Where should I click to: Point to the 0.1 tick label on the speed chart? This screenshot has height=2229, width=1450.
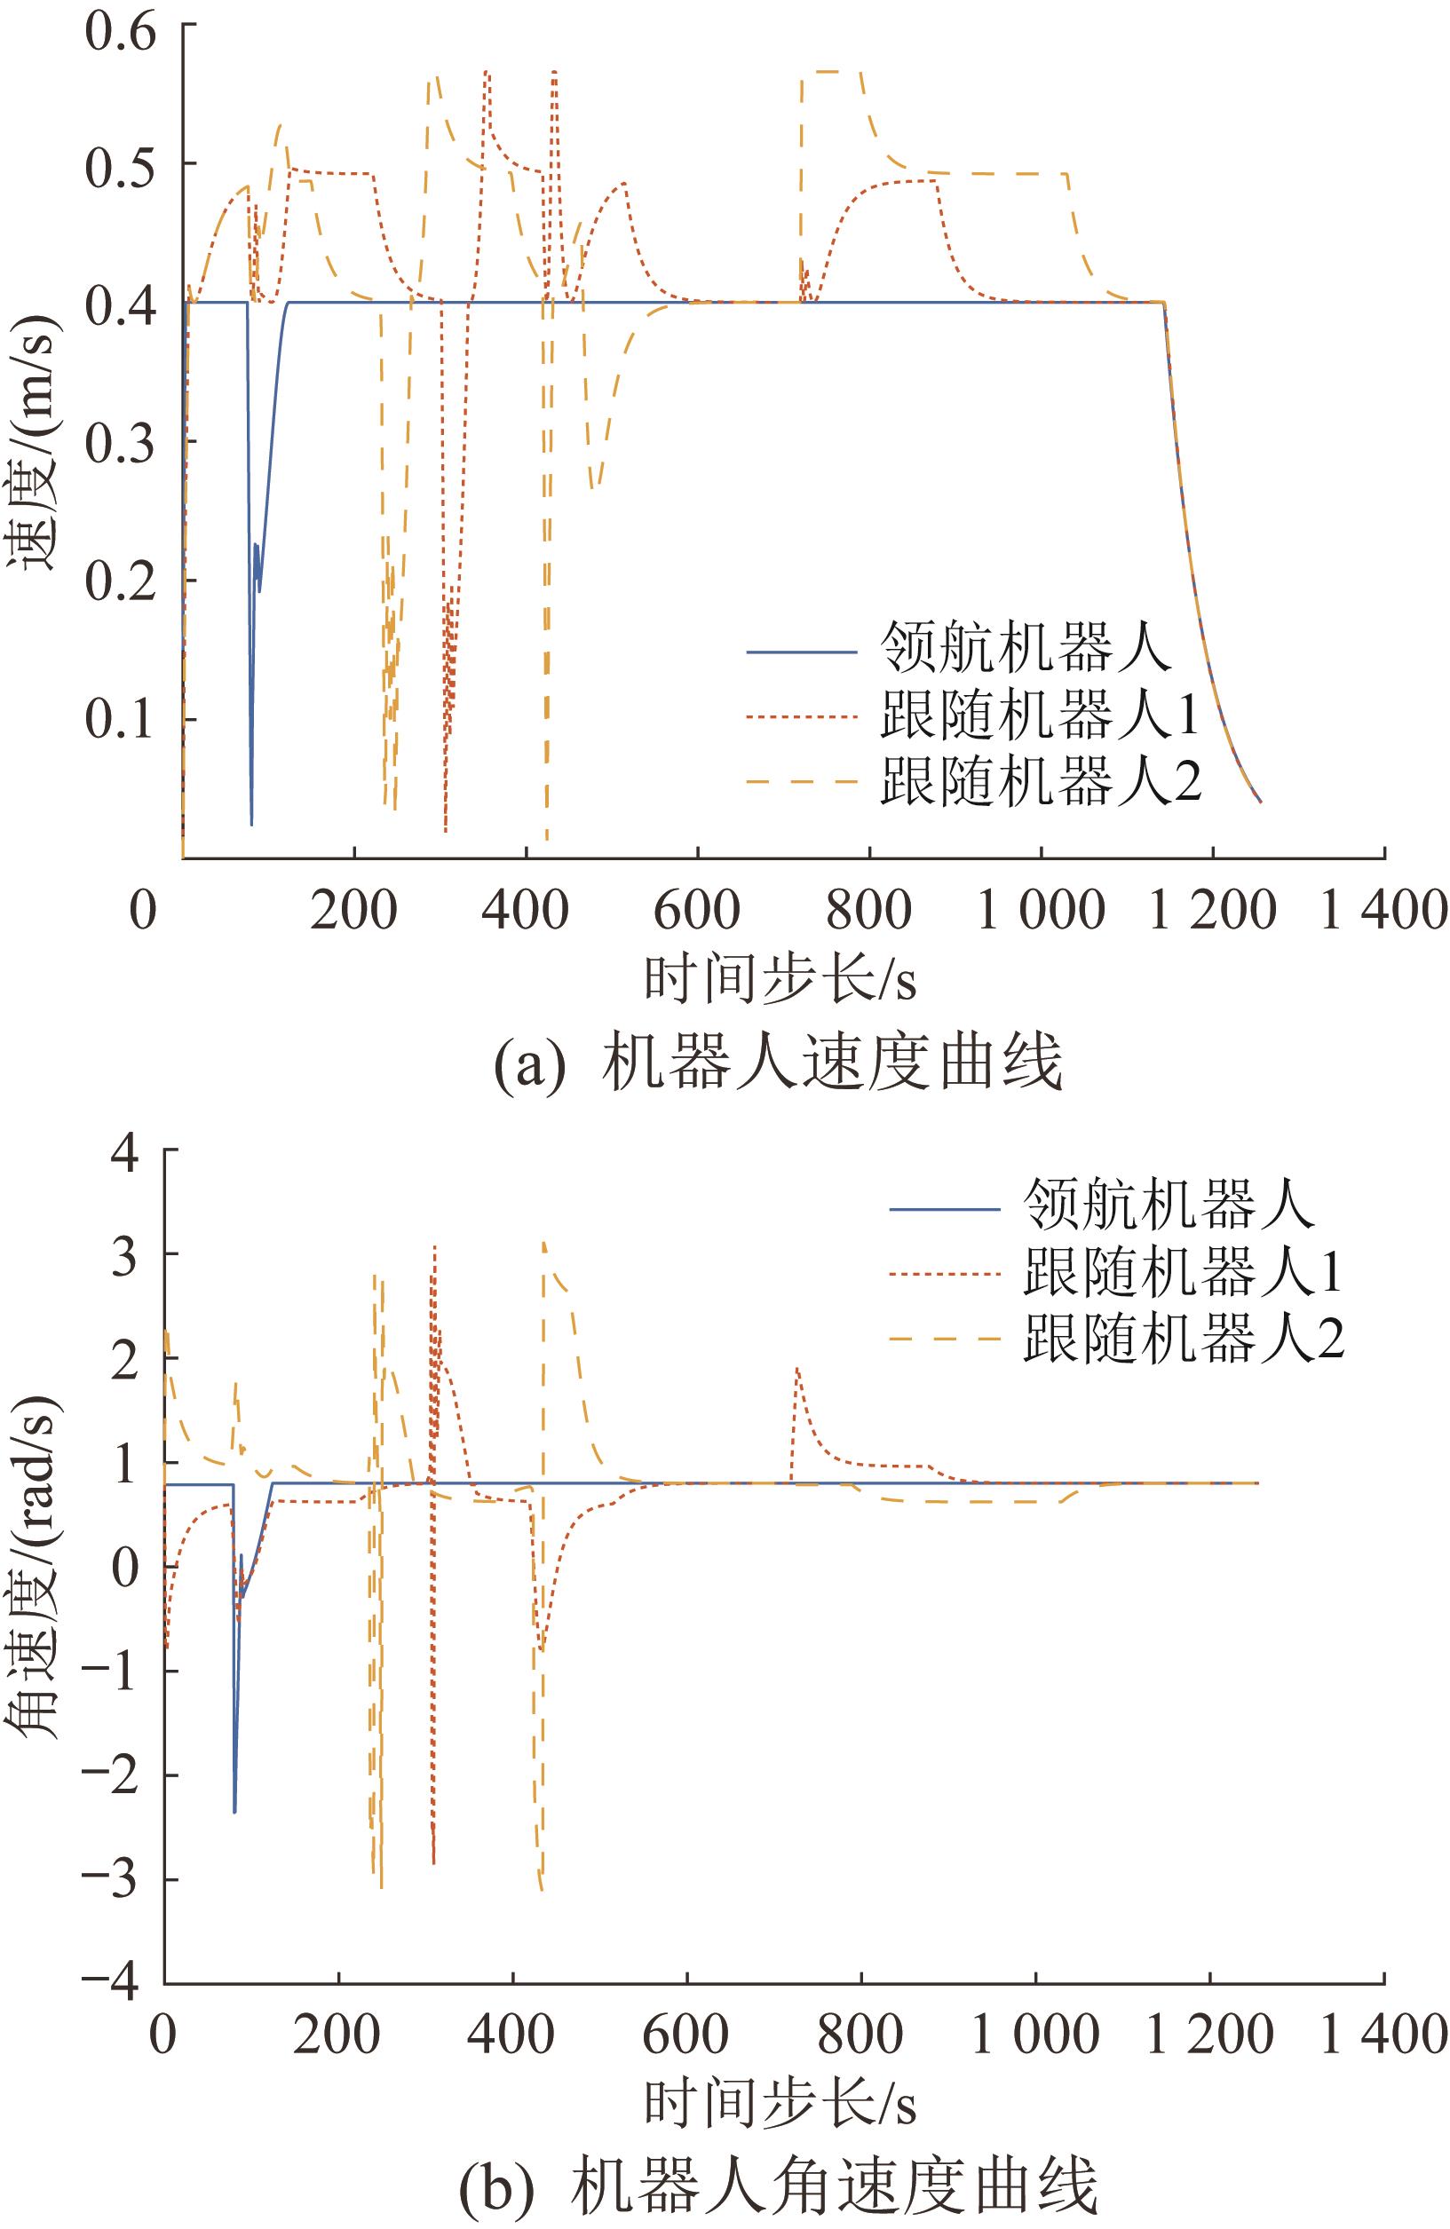119,719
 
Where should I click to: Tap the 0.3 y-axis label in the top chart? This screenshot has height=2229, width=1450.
119,442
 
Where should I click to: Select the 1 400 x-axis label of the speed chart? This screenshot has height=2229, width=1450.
1383,909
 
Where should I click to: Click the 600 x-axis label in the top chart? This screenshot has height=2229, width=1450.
698,909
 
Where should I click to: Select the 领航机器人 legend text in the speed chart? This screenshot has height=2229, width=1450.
1026,648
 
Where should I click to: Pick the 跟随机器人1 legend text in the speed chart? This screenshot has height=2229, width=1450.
1040,715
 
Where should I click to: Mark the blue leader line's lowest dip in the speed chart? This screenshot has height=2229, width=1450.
251,824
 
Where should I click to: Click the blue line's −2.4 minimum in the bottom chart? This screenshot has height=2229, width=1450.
234,1811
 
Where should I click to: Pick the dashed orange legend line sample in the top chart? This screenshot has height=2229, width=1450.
802,780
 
